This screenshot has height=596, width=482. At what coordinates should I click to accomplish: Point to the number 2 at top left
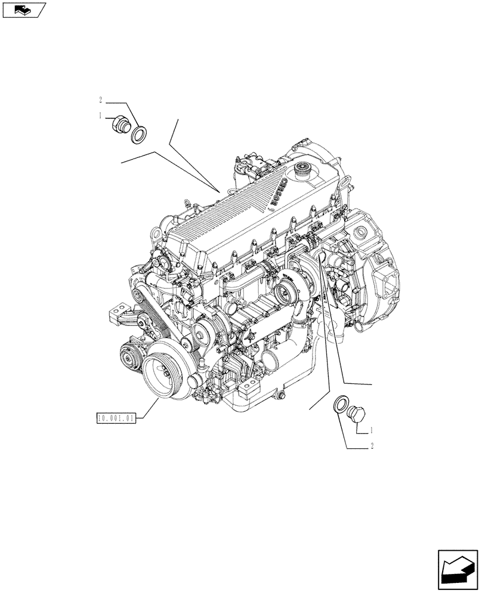point(101,100)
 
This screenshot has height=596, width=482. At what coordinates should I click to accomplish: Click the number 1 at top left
point(101,116)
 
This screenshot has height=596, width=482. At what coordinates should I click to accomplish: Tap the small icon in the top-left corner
point(22,10)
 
